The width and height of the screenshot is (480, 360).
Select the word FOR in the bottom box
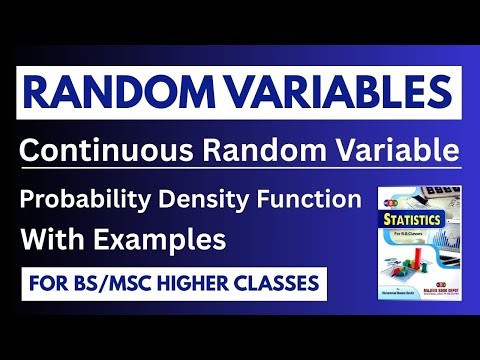(43, 283)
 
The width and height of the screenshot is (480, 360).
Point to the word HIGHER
(194, 283)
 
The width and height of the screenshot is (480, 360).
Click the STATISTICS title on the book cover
(410, 219)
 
